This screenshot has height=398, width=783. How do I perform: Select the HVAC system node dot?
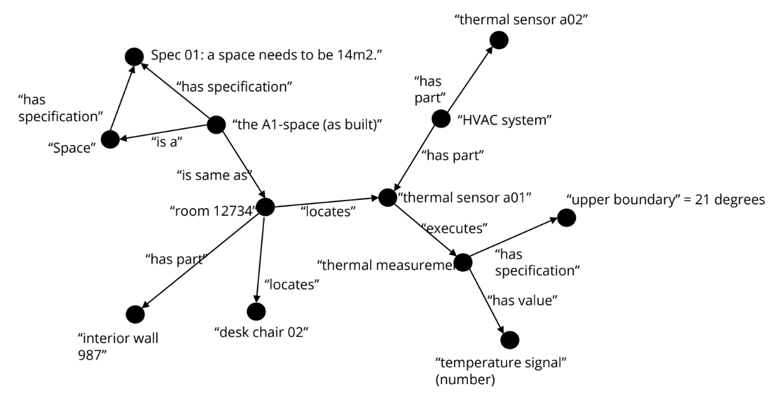click(440, 118)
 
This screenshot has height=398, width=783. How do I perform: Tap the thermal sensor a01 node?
click(387, 197)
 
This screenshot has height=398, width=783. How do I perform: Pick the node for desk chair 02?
click(256, 311)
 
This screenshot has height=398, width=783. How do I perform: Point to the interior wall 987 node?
click(135, 313)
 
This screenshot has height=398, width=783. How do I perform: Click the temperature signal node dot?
click(510, 340)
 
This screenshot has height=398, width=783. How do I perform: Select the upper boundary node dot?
click(566, 218)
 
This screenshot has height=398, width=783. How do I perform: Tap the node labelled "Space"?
click(110, 139)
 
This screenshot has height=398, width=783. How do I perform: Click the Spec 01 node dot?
click(133, 56)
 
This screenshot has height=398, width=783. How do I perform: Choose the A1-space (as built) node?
click(216, 125)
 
